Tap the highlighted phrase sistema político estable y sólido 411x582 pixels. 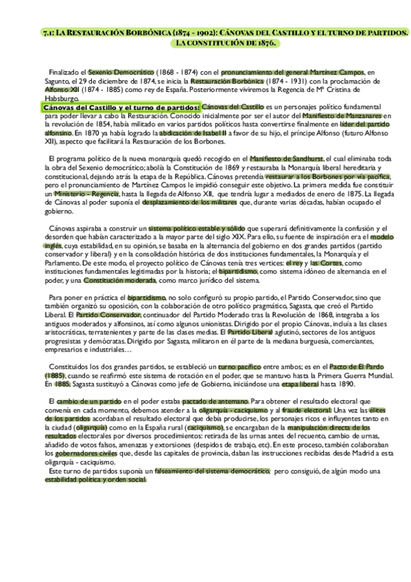(196, 228)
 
